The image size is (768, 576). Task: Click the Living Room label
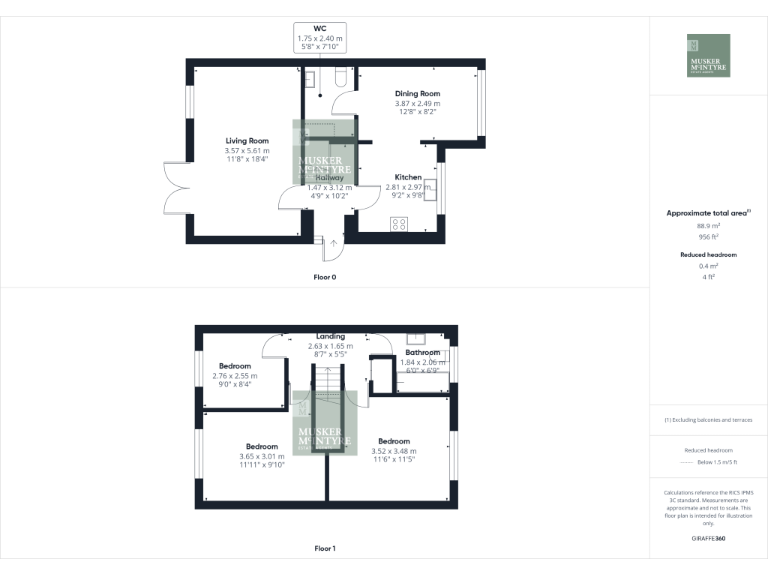pyautogui.click(x=247, y=141)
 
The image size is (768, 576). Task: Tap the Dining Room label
pyautogui.click(x=417, y=93)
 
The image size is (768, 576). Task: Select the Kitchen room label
pyautogui.click(x=408, y=176)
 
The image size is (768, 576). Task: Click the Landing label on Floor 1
pyautogui.click(x=330, y=336)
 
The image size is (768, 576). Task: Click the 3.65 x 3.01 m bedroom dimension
pyautogui.click(x=262, y=456)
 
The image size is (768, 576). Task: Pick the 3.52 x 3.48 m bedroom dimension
pyautogui.click(x=394, y=451)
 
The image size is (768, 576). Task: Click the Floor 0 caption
pyautogui.click(x=326, y=276)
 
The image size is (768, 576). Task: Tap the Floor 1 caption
pyautogui.click(x=325, y=548)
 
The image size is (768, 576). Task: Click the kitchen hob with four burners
pyautogui.click(x=398, y=224)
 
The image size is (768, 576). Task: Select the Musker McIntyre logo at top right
pyautogui.click(x=708, y=56)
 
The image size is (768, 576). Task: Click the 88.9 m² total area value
pyautogui.click(x=708, y=226)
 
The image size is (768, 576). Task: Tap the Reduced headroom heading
pyautogui.click(x=708, y=255)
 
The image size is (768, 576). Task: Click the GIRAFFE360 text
pyautogui.click(x=708, y=539)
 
